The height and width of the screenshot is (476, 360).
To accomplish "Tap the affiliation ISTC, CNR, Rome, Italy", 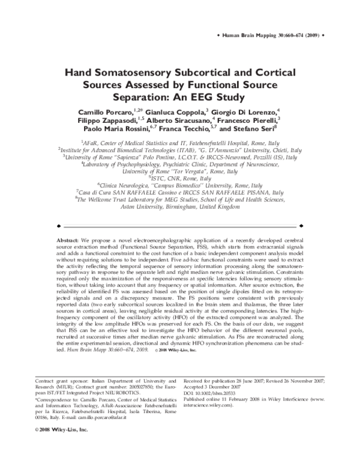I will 181,177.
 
